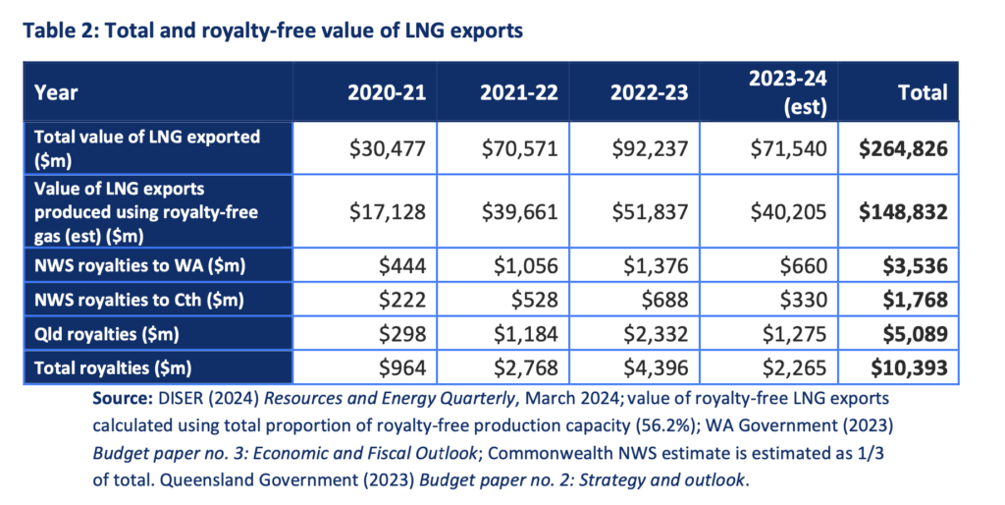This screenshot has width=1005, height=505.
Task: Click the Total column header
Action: click(x=922, y=93)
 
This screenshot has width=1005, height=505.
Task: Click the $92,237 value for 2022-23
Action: click(x=649, y=148)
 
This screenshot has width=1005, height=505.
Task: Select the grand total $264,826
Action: click(x=903, y=148)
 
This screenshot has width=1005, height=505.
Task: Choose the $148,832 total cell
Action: click(x=903, y=211)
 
